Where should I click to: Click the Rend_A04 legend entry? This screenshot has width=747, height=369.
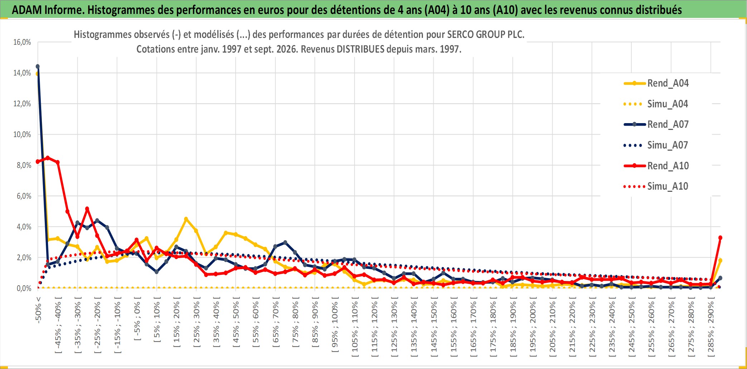656,83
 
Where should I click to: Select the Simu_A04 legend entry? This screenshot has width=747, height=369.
656,104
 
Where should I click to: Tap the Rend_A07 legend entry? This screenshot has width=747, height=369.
656,125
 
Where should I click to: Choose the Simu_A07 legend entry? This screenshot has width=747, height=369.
656,145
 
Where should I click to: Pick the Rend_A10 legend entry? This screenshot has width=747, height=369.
656,166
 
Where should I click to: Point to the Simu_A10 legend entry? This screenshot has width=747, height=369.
656,186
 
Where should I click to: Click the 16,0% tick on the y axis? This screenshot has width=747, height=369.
22,42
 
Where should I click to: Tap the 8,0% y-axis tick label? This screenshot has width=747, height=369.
24,165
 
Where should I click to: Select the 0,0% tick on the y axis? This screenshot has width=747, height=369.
24,288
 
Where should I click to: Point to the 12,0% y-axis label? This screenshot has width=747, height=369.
22,104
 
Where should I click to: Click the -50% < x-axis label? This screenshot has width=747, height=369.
38,310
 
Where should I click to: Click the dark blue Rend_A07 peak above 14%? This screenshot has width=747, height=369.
38,67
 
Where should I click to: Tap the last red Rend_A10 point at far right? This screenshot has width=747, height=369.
720,238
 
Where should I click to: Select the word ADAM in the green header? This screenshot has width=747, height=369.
27,10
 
